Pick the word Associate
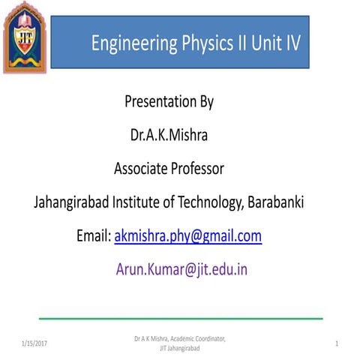[141, 169]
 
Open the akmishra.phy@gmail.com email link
[187, 236]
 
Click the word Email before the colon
[93, 236]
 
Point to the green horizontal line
[180, 318]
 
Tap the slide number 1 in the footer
[337, 343]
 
